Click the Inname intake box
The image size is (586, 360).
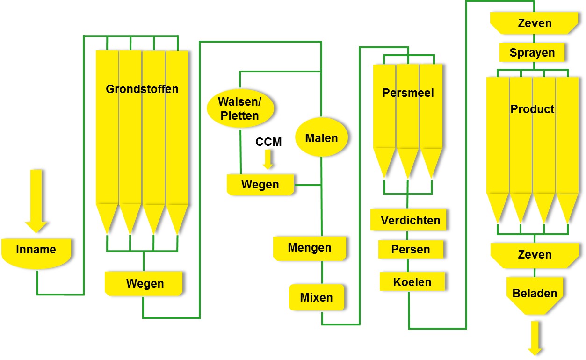[x=36, y=251]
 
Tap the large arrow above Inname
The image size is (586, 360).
[x=36, y=200]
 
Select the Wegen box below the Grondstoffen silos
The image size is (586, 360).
[x=144, y=283]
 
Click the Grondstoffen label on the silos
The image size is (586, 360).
[x=142, y=89]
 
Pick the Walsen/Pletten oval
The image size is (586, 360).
[x=239, y=108]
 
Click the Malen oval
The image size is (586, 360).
[x=321, y=138]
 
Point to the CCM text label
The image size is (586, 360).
[x=268, y=142]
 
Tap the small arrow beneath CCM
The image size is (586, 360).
[x=268, y=159]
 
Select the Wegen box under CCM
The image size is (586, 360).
[x=260, y=185]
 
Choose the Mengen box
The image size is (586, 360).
[x=310, y=248]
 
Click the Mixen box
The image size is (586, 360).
[x=317, y=297]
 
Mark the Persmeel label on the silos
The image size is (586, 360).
[x=408, y=93]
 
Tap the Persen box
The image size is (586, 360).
[x=410, y=250]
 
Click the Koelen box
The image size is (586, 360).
[x=412, y=282]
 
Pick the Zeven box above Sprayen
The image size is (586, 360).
[x=535, y=23]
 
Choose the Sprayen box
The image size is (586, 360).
[x=532, y=52]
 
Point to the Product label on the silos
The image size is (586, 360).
[x=532, y=109]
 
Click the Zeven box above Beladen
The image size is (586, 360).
[x=535, y=255]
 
